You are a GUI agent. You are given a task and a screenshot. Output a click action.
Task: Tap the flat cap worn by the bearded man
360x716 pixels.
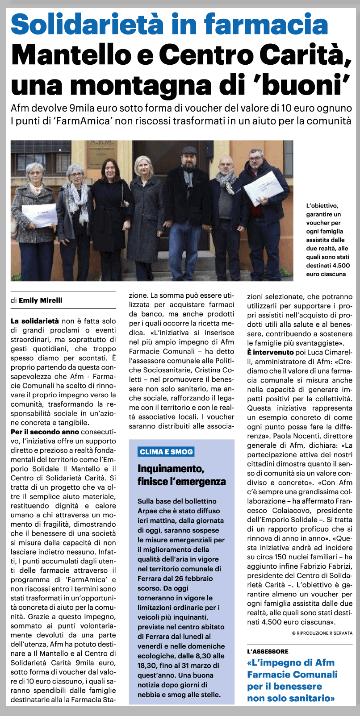coord(189,150)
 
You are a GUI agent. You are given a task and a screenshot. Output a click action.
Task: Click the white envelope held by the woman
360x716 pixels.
coord(40,215)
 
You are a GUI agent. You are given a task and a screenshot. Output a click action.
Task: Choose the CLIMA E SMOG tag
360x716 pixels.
coord(166,451)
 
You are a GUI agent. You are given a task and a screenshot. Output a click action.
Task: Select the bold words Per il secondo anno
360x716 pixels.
coord(45,432)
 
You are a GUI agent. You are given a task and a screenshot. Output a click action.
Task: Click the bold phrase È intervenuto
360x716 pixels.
coord(270,353)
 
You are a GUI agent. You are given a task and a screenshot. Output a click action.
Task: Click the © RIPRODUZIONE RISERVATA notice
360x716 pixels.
coord(322,633)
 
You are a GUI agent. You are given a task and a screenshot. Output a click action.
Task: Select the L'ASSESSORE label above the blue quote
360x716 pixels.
coord(268,651)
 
